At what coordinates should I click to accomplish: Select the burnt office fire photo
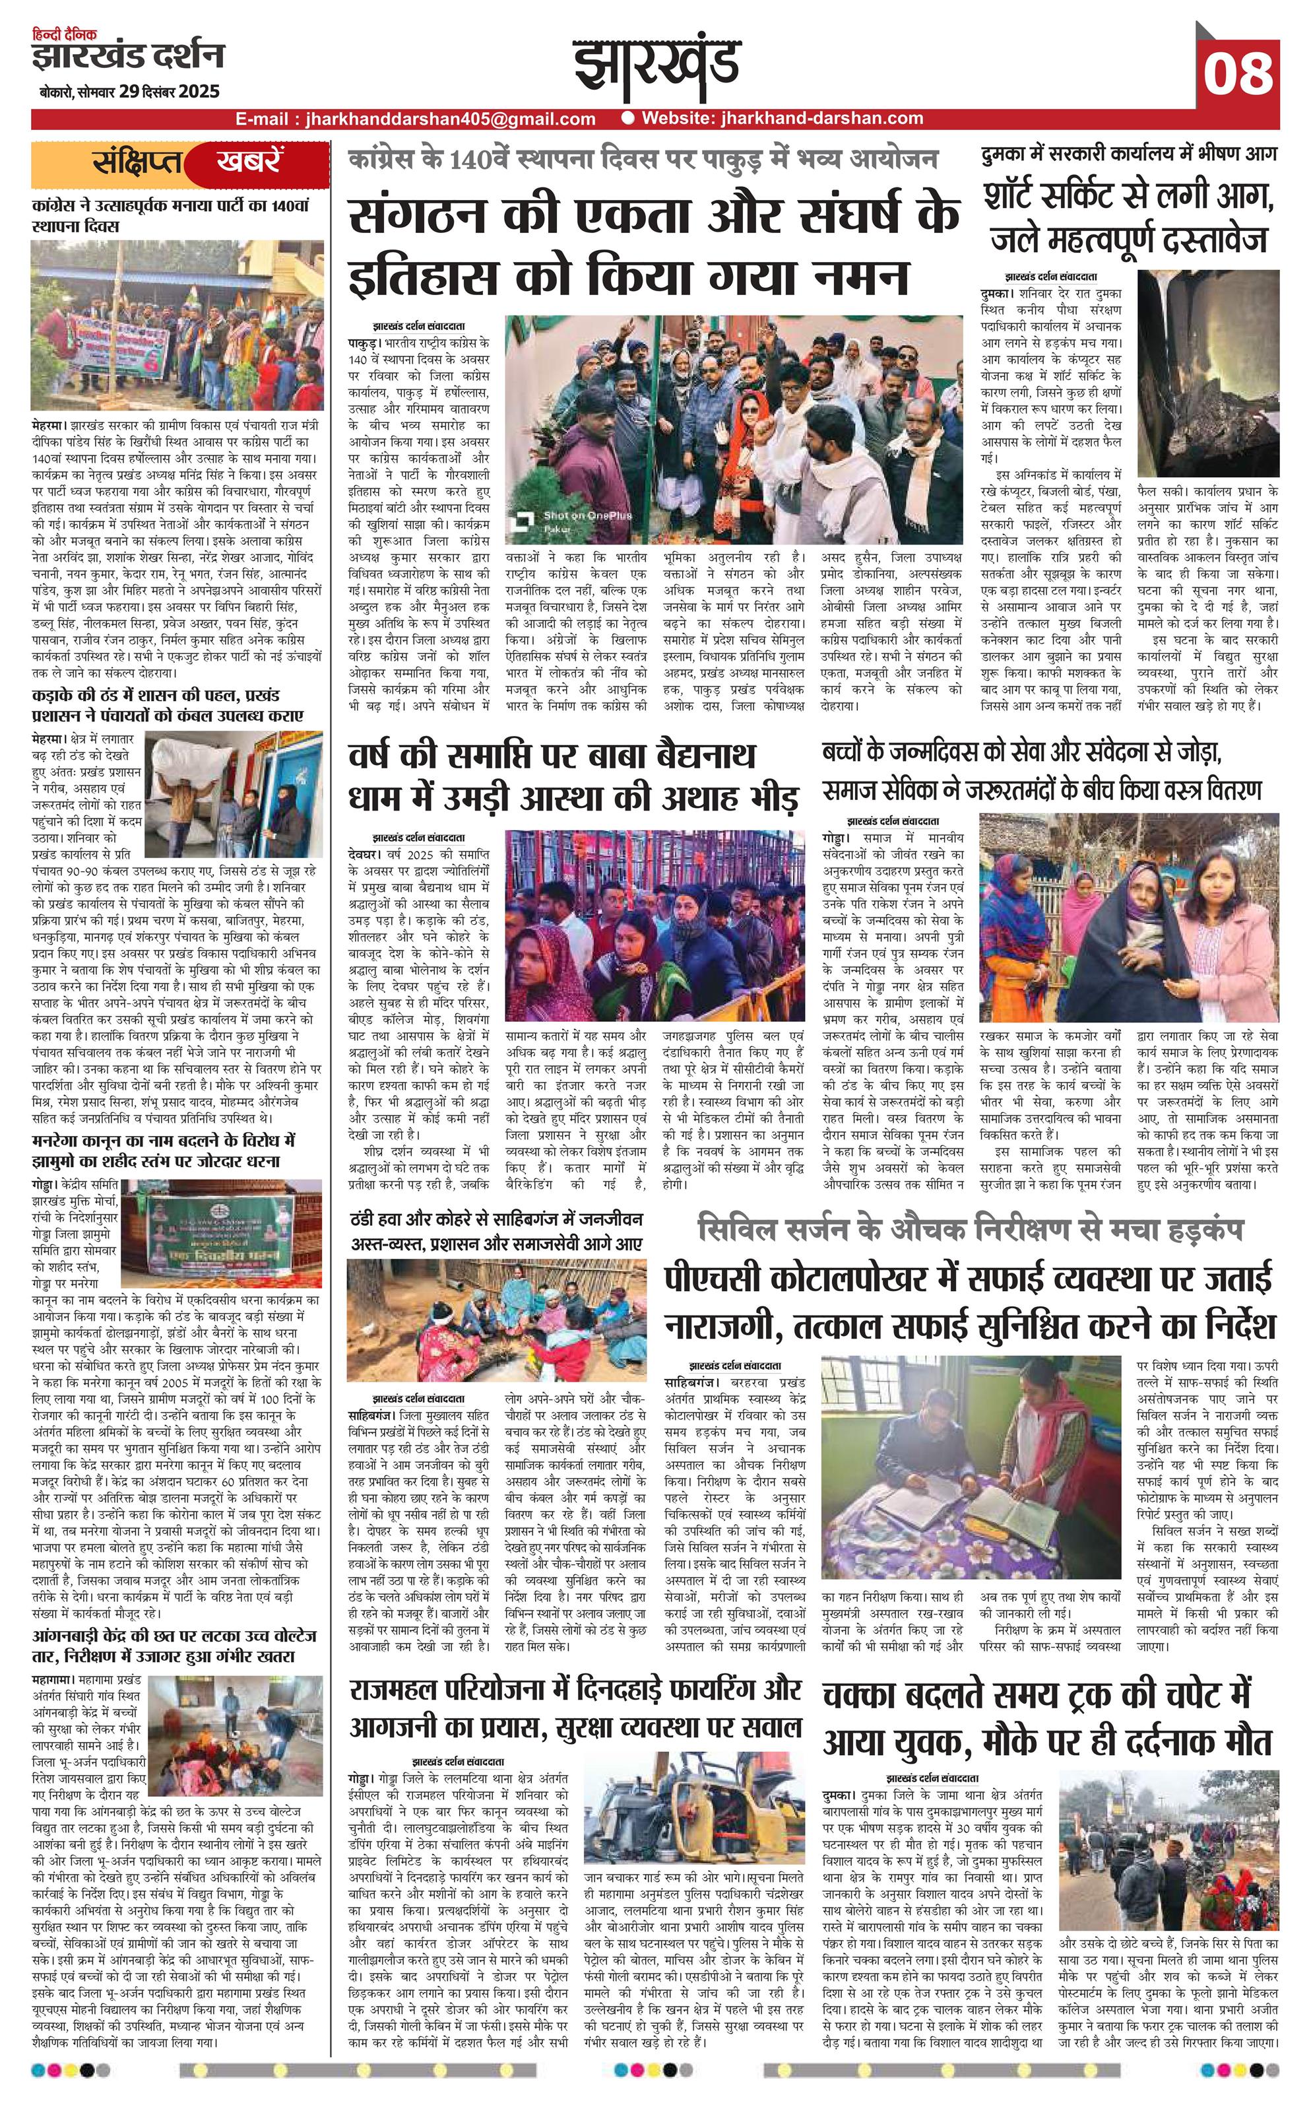1208,370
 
